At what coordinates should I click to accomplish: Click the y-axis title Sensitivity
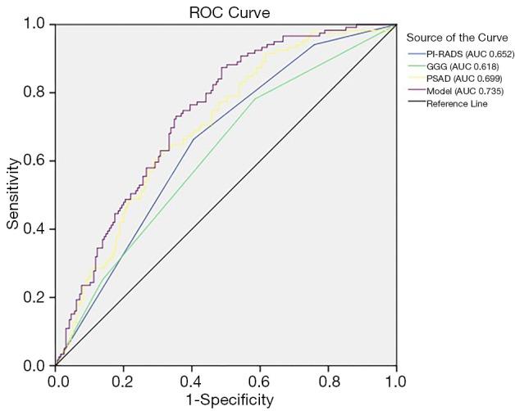tap(13, 194)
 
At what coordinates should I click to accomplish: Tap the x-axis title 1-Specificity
tap(225, 400)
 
